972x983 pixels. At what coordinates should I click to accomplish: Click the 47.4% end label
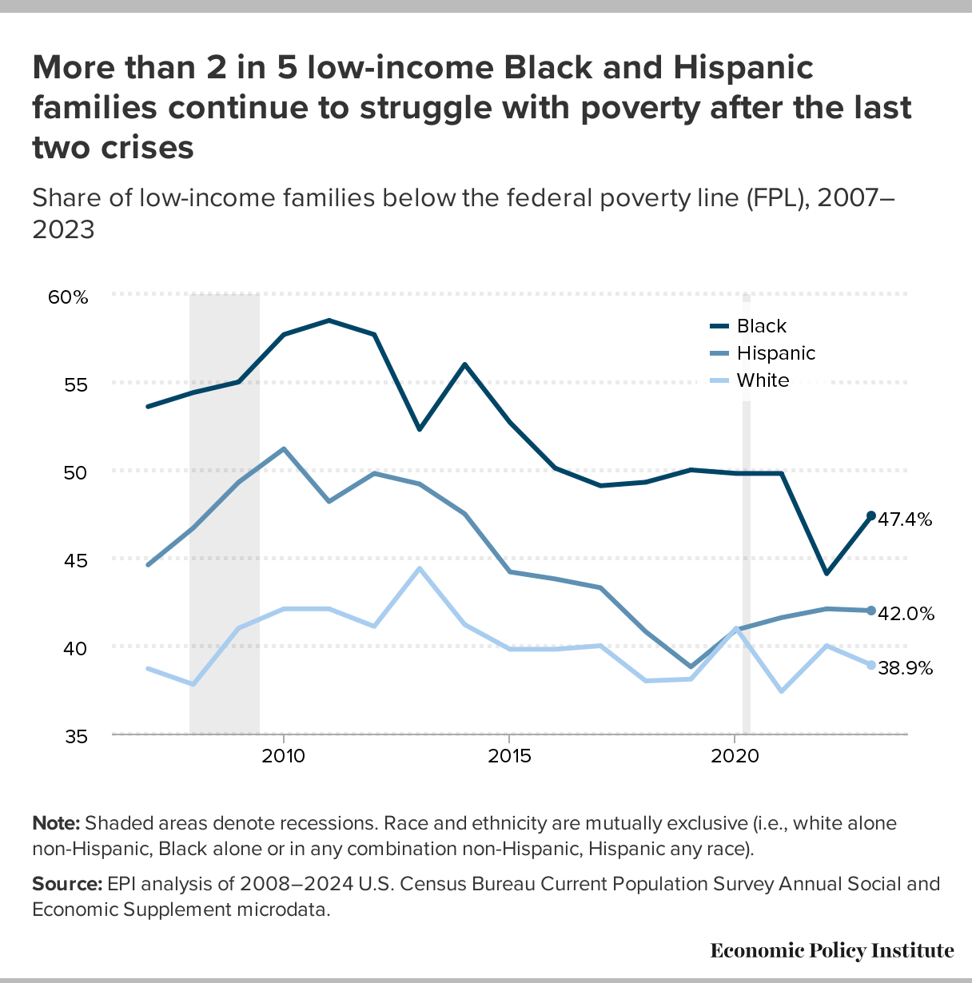click(905, 519)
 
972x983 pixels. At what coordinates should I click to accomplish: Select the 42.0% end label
click(906, 614)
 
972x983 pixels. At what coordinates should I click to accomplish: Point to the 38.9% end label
click(906, 668)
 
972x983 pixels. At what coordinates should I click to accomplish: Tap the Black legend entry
click(761, 326)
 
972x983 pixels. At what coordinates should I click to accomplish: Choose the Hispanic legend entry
click(775, 353)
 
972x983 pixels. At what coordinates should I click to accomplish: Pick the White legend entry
click(763, 380)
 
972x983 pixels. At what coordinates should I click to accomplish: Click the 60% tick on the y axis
click(68, 297)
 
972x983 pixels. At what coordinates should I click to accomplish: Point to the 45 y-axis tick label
click(76, 560)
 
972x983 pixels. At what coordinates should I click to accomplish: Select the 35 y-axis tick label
click(76, 736)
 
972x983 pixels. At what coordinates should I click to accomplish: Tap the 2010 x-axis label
click(284, 756)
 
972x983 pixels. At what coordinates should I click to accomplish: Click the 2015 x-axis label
click(509, 756)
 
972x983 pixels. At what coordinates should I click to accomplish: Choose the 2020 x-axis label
click(735, 756)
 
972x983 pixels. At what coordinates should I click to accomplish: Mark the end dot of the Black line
click(870, 515)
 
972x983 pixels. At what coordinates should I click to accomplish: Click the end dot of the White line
click(870, 665)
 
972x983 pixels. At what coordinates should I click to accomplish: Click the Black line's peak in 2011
click(329, 320)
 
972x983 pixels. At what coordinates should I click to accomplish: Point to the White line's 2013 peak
click(419, 568)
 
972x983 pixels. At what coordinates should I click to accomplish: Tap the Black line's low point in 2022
click(826, 573)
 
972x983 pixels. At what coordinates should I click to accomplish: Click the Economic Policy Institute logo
click(831, 950)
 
